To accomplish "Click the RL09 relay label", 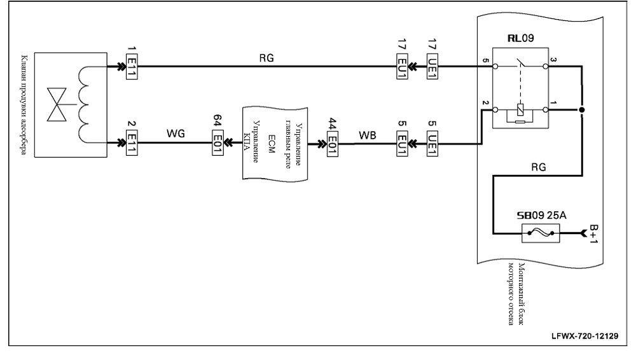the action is (521, 38).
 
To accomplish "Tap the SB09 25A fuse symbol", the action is (540, 233).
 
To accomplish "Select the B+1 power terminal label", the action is (593, 234).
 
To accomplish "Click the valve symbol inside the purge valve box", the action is (57, 104).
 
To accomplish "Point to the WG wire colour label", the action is (176, 133).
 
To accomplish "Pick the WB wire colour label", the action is (368, 135).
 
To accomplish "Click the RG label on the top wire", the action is (266, 58).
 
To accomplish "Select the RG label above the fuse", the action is (539, 167).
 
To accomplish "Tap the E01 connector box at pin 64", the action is (218, 142).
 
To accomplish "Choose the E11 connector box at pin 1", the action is (132, 67).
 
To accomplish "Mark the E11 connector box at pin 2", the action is (132, 143).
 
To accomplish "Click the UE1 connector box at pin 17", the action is (432, 67).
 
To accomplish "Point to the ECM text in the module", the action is (272, 144).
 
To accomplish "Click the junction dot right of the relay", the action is (582, 110).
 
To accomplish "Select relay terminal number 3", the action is (554, 59).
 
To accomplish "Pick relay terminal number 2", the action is (485, 102).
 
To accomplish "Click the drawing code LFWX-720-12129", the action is (585, 336).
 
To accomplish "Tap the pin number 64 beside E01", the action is (218, 121).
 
